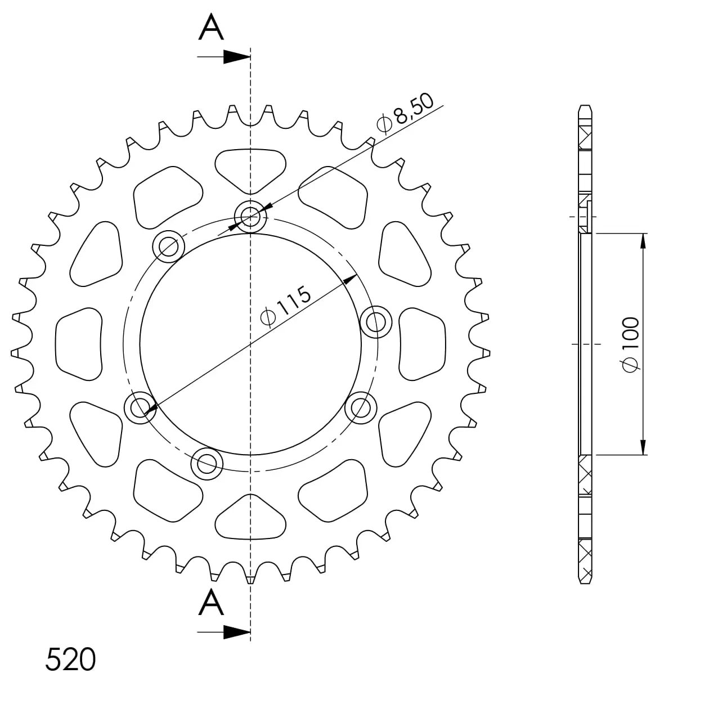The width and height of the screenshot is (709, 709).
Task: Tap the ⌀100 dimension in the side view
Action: coord(631,344)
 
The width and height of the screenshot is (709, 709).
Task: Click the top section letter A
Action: coord(211,26)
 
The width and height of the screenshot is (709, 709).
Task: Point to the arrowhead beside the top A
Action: coord(237,57)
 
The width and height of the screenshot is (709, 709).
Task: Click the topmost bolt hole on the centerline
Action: coord(250,217)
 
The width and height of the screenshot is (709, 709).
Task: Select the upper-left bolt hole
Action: coord(168,246)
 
